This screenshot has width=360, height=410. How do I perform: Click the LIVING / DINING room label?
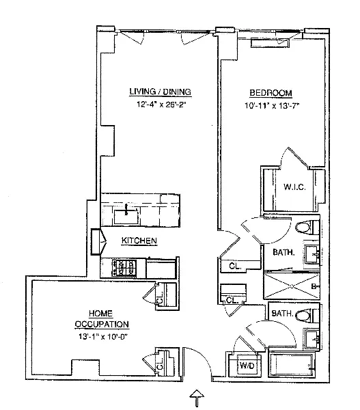coord(160,92)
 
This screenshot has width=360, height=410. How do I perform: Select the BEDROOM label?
coord(271,93)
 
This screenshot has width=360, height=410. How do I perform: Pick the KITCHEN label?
coord(140,241)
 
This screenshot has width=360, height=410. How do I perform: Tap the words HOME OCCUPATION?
coord(102,318)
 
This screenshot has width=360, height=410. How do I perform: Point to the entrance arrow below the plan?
coord(197,396)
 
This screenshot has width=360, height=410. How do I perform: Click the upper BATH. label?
coord(283,252)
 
